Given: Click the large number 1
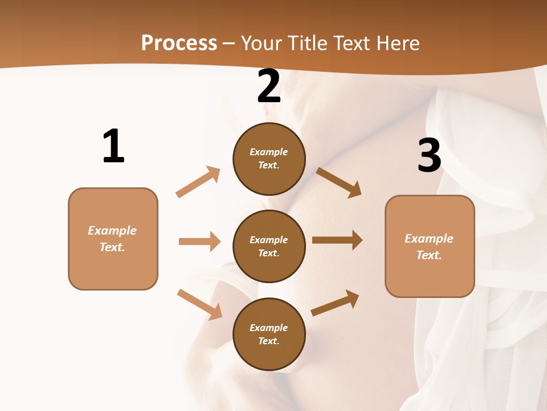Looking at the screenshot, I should pos(113,146).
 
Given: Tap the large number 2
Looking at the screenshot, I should pos(269,87).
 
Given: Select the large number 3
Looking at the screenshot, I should pos(430,155).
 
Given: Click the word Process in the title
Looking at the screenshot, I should pos(179,43).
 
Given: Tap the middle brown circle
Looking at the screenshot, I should pos(269,246).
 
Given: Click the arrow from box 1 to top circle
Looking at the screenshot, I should pos(198,182).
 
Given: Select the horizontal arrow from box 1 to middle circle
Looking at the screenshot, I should pos(199,241).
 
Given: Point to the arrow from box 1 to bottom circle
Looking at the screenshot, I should pos(199,304).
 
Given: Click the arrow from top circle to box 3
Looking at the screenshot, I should pos(339,182).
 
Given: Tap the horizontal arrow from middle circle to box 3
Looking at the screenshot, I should pos(337,240).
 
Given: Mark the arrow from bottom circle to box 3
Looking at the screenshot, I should pos(336,303).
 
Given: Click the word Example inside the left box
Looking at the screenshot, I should pos(112,231).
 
